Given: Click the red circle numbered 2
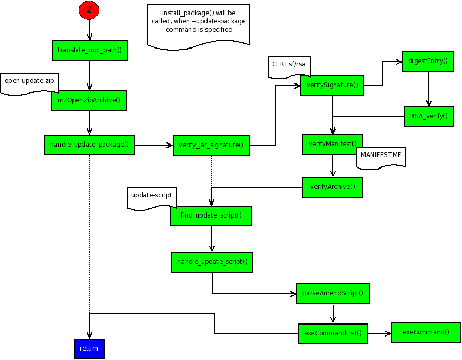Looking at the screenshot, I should coord(89,10).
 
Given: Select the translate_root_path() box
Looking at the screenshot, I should coord(90,50).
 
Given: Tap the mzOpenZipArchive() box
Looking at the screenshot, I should coord(89,101).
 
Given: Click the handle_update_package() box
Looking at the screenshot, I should coord(89,145).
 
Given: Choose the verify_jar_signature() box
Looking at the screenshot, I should coord(211,145).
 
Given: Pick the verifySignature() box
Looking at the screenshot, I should coord(332,85).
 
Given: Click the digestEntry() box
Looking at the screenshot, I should coord(428,61).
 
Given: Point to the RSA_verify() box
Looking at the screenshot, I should coord(429,116).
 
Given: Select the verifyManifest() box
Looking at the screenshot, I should coord(332,144).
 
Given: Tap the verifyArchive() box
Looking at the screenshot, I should coord(332,187).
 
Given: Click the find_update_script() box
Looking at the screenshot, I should coord(211,215).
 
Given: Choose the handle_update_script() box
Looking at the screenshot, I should coord(212,262).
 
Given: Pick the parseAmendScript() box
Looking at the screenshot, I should coord(333,293).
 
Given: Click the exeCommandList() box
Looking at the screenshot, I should coord(332,333).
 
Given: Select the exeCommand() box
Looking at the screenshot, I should coord(426,332).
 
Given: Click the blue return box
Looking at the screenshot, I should coord(89,349).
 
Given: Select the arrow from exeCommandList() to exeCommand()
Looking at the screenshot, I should coord(379,333).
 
